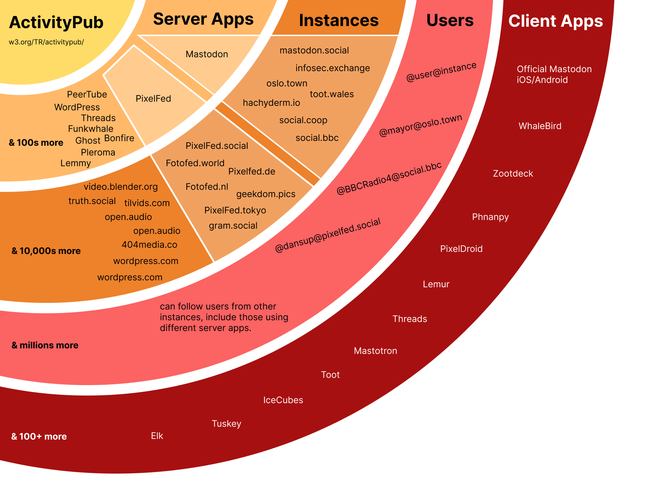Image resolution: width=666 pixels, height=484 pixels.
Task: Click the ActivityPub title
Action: click(x=56, y=23)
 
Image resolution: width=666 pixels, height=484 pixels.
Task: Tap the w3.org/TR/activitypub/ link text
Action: click(x=46, y=42)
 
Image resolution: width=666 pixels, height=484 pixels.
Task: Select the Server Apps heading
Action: click(x=203, y=19)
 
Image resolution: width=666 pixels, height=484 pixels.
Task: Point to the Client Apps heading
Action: click(x=555, y=21)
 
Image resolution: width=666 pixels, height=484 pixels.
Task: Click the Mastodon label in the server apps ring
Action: click(x=207, y=54)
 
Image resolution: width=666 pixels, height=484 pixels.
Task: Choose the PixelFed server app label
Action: click(x=153, y=99)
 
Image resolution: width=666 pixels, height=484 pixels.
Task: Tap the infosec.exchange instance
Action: click(x=332, y=68)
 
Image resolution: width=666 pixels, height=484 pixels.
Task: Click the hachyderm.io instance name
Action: click(x=271, y=103)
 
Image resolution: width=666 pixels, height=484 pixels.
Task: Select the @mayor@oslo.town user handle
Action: click(x=420, y=125)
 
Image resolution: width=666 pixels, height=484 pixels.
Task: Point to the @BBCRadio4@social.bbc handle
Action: click(x=389, y=178)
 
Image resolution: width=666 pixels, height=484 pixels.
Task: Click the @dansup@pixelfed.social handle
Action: click(x=328, y=235)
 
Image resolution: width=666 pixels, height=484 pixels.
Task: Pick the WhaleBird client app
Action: click(x=540, y=126)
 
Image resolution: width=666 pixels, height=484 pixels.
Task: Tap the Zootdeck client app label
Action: click(x=513, y=173)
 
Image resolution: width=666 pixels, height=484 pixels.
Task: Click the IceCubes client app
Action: click(x=283, y=400)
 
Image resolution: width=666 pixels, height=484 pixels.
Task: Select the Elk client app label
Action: click(x=157, y=436)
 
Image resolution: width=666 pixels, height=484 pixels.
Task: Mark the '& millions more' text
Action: click(x=45, y=345)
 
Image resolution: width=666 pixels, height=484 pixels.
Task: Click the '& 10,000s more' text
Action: click(x=46, y=251)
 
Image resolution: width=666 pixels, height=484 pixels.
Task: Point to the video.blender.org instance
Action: click(x=121, y=187)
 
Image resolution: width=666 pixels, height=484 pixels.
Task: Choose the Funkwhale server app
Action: click(x=91, y=129)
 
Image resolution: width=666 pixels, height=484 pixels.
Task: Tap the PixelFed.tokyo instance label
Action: click(x=235, y=210)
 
